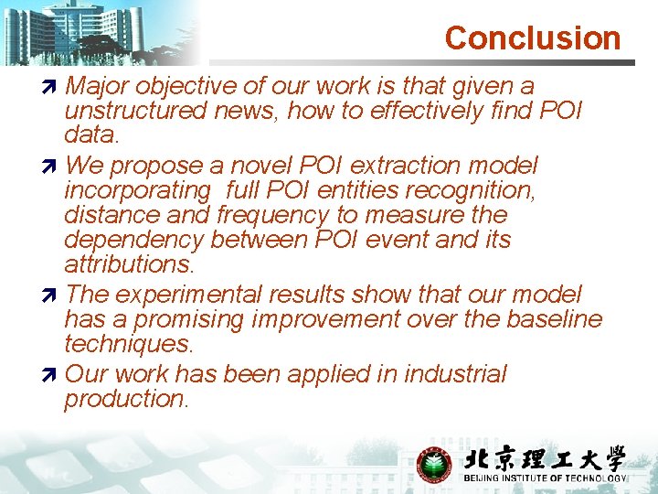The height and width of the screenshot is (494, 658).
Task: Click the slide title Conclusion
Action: click(532, 38)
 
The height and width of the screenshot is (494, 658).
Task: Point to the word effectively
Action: click(427, 111)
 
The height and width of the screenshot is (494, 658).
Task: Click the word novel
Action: click(261, 166)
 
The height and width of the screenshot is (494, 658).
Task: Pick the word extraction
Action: click(414, 166)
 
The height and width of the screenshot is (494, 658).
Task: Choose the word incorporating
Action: click(137, 190)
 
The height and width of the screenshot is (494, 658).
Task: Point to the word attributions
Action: click(128, 264)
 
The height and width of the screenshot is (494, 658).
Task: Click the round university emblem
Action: click(433, 465)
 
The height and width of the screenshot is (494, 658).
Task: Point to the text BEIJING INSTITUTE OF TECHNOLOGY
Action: click(545, 478)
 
